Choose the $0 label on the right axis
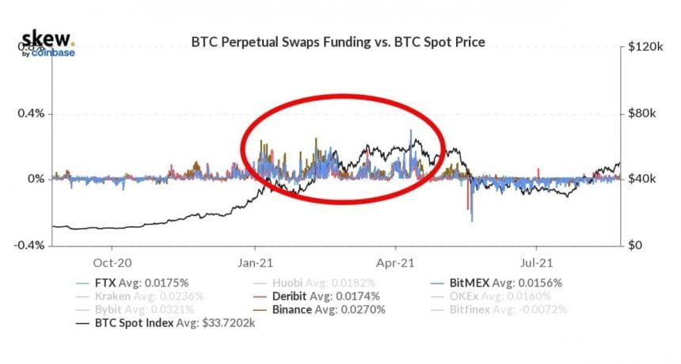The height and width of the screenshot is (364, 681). pyautogui.click(x=633, y=245)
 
